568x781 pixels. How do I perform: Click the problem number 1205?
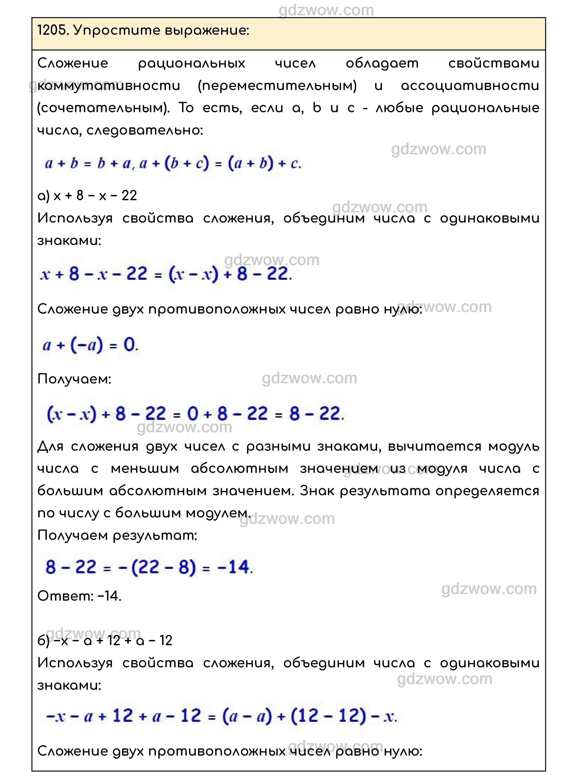click(52, 31)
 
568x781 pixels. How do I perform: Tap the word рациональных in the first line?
click(192, 64)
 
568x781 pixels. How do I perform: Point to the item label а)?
click(44, 196)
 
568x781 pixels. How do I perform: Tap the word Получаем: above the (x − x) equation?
click(74, 379)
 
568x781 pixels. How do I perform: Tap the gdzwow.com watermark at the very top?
click(326, 10)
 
